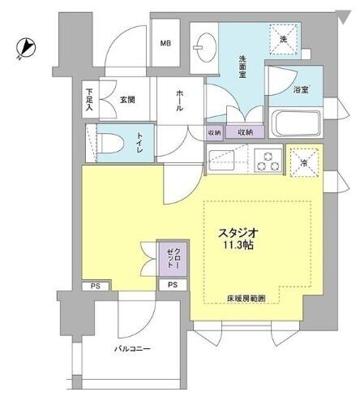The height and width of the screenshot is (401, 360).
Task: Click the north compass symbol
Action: click(26, 48)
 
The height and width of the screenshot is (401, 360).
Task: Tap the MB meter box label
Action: click(165, 43)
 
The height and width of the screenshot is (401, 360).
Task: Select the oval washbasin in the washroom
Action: click(205, 48)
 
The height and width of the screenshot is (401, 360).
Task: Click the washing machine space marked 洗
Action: click(284, 39)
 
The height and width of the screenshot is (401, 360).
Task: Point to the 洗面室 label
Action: click(242, 67)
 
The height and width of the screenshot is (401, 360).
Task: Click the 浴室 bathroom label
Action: click(301, 90)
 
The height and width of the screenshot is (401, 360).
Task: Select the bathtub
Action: click(296, 123)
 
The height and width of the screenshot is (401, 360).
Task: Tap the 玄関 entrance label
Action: click(127, 100)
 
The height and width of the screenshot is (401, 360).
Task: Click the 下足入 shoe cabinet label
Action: click(89, 100)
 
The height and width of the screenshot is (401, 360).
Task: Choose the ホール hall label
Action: click(179, 101)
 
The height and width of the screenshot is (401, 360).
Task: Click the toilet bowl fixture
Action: click(109, 143)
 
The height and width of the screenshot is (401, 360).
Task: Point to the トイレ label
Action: click(140, 143)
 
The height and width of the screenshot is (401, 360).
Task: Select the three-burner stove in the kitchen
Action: click(268, 161)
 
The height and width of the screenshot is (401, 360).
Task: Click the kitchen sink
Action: click(221, 160)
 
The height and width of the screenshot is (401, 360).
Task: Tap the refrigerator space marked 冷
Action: click(304, 162)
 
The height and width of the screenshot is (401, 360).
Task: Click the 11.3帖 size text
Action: click(238, 245)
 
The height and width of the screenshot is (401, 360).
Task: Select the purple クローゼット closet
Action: click(173, 259)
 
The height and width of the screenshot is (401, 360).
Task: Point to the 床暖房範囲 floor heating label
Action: click(246, 299)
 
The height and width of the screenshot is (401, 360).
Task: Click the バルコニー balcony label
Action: click(132, 349)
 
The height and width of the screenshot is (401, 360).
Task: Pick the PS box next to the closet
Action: click(173, 285)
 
